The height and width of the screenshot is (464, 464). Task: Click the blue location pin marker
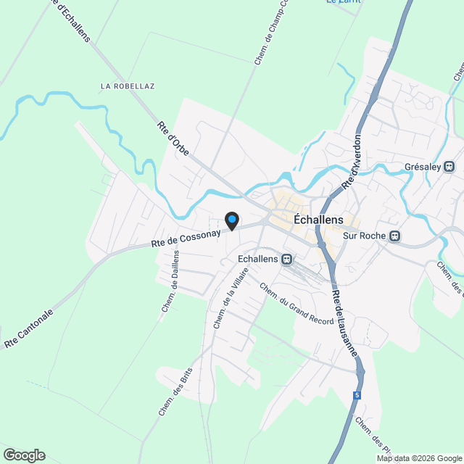tap(231, 220)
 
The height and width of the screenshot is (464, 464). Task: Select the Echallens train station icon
tap(288, 259)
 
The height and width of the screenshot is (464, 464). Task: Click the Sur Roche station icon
tap(395, 236)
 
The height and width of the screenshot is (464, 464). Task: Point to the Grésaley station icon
tap(450, 167)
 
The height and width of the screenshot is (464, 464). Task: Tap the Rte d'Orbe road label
tap(172, 136)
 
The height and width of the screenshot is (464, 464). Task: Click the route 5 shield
tap(357, 395)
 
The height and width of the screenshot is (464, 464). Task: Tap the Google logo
tap(23, 455)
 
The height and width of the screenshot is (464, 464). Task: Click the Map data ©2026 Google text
tap(419, 457)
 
